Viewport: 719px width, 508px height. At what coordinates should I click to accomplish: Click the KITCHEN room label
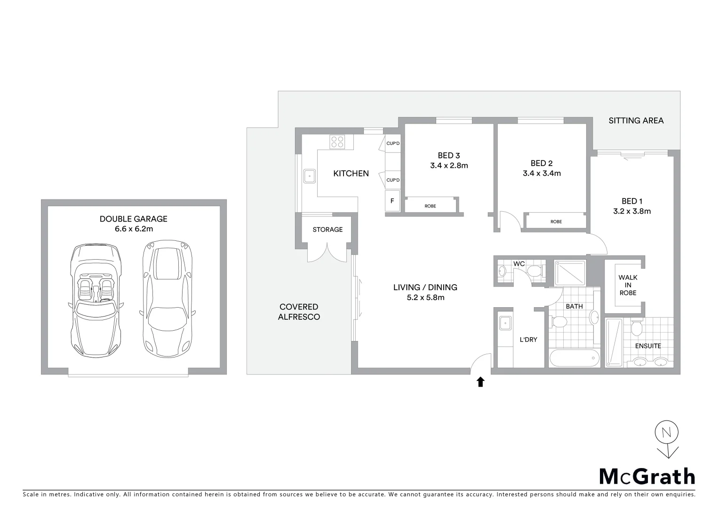click(x=351, y=174)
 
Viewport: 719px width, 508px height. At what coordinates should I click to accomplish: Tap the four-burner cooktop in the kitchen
click(x=337, y=142)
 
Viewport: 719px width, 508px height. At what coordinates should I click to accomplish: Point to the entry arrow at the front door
click(x=480, y=382)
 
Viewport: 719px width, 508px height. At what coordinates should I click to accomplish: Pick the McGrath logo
click(x=647, y=476)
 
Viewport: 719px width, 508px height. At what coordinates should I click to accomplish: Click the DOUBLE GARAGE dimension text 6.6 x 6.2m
click(x=133, y=229)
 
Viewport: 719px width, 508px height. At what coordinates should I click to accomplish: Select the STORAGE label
click(x=328, y=230)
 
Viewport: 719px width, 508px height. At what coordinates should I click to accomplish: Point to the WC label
click(x=519, y=264)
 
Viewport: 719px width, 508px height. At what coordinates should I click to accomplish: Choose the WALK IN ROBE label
click(x=628, y=285)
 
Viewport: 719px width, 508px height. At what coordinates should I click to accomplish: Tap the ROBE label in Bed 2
click(x=556, y=222)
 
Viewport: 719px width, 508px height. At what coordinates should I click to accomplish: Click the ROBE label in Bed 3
click(x=430, y=206)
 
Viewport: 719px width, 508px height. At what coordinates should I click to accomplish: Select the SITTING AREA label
click(x=636, y=120)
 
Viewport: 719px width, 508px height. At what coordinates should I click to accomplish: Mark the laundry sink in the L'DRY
click(x=505, y=323)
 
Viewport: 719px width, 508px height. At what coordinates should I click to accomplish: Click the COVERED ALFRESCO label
click(x=299, y=312)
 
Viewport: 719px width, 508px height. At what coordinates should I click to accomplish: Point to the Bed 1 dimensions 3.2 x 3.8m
click(x=632, y=212)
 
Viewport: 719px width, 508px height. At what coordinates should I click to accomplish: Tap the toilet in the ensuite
click(x=636, y=328)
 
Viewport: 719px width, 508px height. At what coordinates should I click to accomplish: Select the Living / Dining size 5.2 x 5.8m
click(x=425, y=297)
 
